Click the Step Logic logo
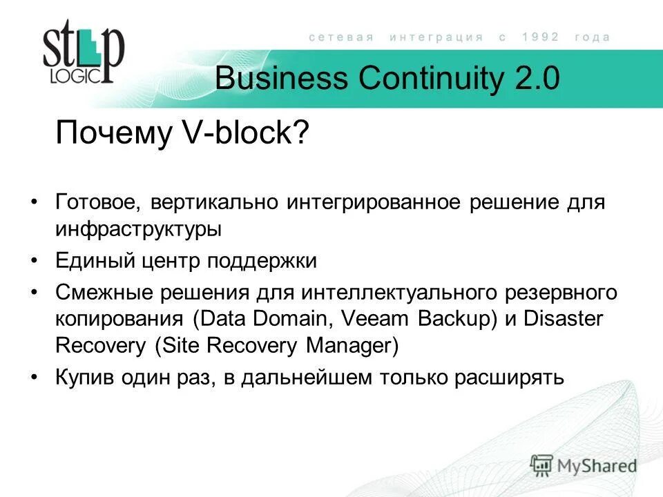click(83, 53)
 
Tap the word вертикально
click(211, 203)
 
